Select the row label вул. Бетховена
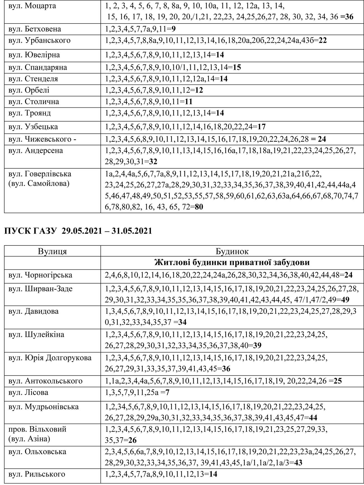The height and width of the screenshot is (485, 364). pos(35,29)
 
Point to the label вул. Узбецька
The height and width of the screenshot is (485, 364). pos(33,127)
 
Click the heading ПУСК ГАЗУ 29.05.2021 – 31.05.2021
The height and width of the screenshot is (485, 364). pos(78,231)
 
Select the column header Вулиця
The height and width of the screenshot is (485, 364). pos(52,251)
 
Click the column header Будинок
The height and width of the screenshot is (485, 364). pos(232,251)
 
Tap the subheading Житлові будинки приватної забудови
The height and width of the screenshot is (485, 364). pos(232,263)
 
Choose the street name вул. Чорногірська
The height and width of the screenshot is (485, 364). pos(40,275)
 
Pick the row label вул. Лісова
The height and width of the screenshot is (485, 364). pos(28,392)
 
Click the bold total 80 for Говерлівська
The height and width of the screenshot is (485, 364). pos(199,207)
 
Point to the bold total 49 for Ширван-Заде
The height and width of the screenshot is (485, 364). pos(345,300)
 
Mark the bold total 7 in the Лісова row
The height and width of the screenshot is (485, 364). pos(167,392)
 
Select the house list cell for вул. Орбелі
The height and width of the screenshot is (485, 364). pos(154,90)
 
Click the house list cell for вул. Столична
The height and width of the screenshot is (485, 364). pos(149,102)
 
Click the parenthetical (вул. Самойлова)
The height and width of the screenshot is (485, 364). pos(39,184)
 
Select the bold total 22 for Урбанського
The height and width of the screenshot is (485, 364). pos(323,41)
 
